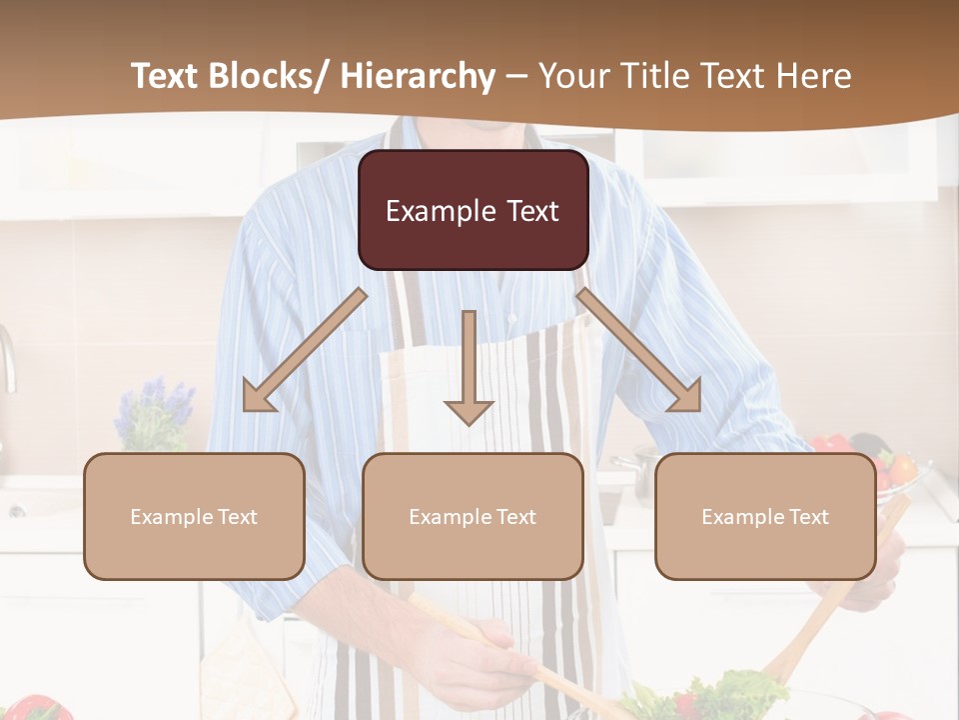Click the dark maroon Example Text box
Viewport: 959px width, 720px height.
coord(473,210)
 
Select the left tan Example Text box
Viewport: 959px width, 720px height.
coord(194,516)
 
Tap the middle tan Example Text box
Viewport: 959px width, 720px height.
coord(473,516)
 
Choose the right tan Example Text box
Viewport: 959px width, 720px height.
coord(765,516)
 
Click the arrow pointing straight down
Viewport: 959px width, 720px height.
coord(469,370)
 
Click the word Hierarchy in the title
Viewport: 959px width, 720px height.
coord(417,76)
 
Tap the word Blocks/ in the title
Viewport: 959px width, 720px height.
coord(271,76)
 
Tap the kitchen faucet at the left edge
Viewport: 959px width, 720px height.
coord(7,360)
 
